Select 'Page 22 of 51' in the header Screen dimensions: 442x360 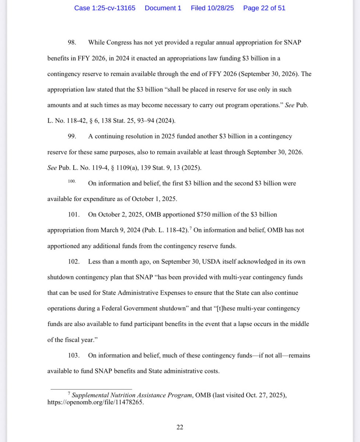coord(264,8)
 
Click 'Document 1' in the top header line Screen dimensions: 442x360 coord(163,8)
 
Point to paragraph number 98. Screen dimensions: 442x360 coord(72,42)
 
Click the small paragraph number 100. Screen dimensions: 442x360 coord(72,182)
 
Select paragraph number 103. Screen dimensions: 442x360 coord(74,355)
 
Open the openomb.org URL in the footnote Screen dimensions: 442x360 coord(95,403)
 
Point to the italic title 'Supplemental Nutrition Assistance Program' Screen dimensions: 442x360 coord(131,395)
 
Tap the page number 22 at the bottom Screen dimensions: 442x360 coord(180,427)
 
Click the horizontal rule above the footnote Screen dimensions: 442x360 coord(91,389)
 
